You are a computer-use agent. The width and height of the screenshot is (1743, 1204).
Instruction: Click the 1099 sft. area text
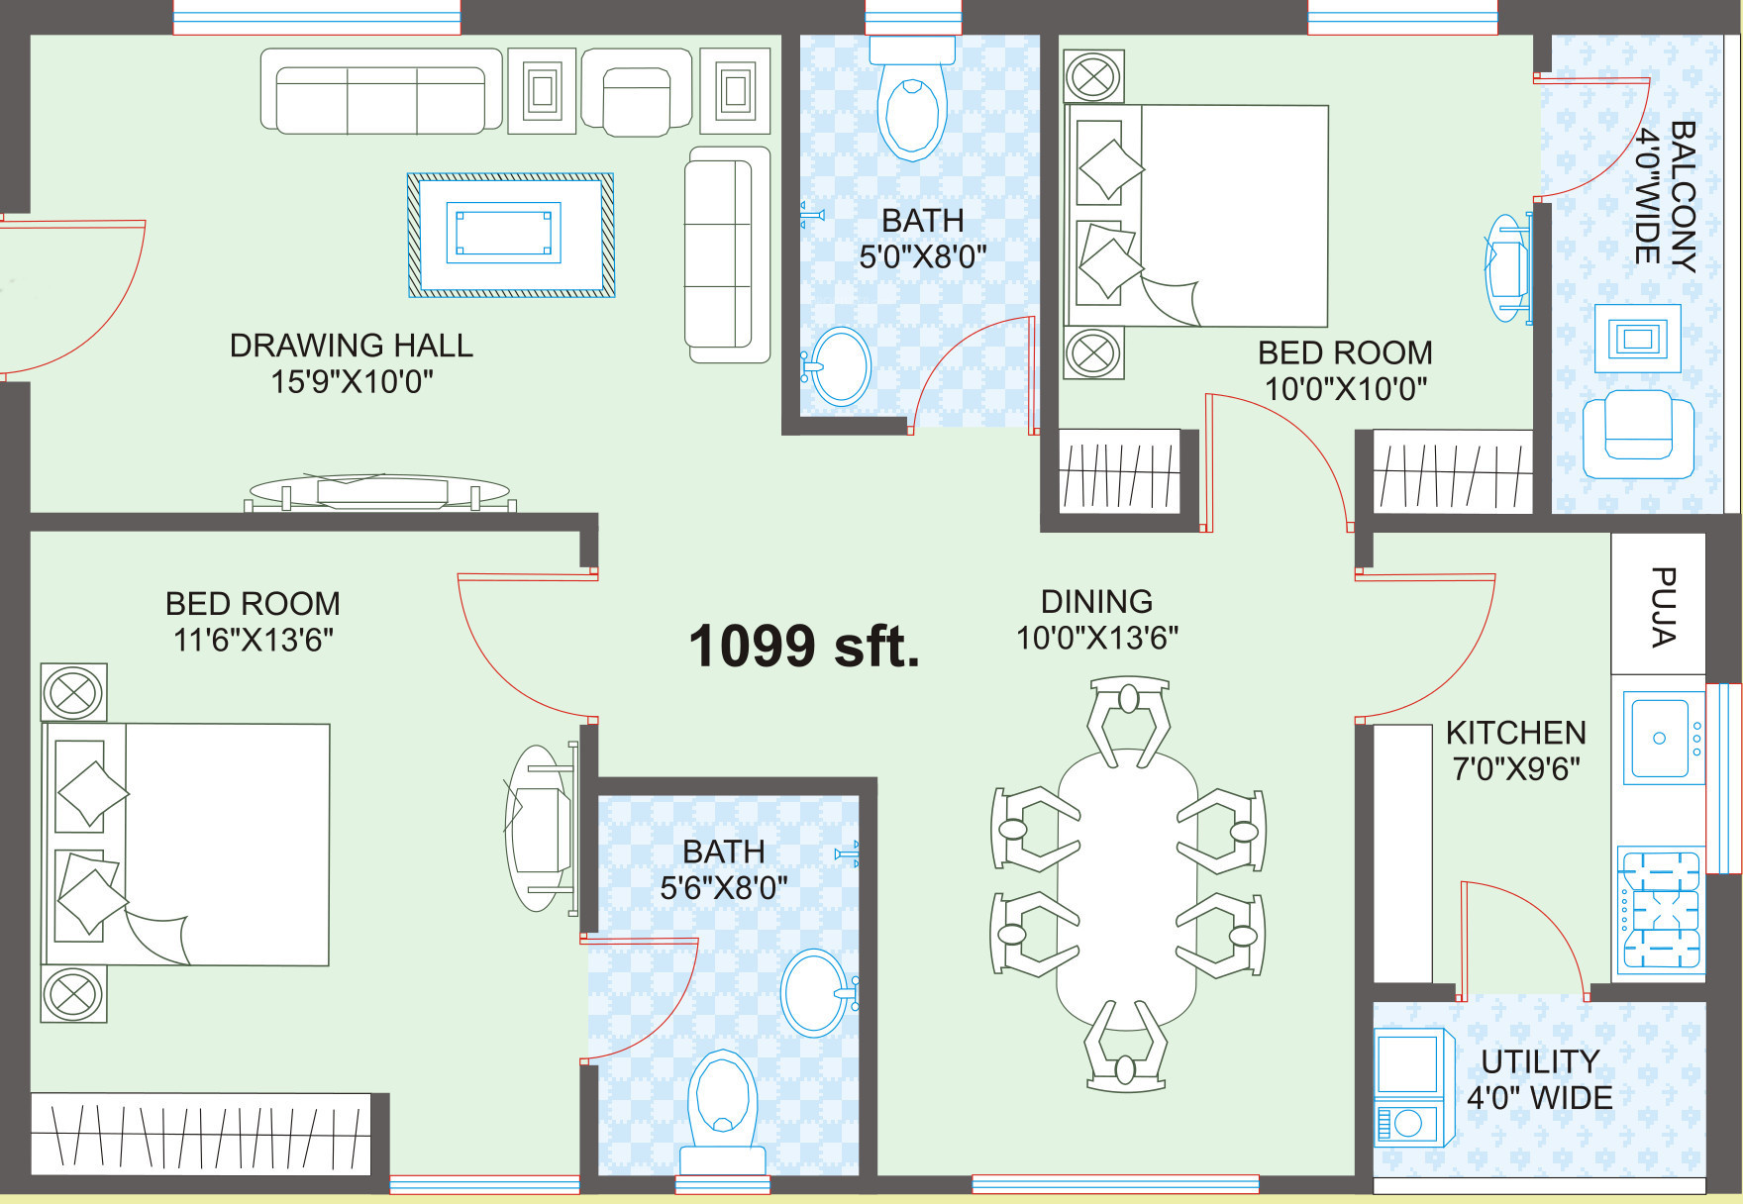click(804, 647)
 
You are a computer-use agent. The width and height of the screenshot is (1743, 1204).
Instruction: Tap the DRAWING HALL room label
click(352, 346)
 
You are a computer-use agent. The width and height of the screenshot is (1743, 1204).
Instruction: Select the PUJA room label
click(1663, 606)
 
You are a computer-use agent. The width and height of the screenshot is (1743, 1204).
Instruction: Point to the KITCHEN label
click(1516, 733)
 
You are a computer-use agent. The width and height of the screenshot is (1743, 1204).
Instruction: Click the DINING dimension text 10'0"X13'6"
click(1097, 638)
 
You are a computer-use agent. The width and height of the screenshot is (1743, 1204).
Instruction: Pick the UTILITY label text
click(1540, 1061)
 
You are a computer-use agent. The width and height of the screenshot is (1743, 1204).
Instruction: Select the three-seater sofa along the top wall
click(381, 90)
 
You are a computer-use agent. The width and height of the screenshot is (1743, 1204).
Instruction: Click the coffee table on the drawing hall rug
click(503, 233)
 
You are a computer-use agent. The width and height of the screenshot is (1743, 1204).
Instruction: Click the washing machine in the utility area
click(1412, 1086)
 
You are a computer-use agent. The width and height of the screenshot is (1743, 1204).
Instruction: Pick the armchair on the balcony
click(1638, 435)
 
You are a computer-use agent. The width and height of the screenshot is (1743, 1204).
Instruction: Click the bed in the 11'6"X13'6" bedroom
click(185, 844)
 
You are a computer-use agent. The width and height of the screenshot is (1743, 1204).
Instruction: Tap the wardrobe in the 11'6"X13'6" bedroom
click(201, 1134)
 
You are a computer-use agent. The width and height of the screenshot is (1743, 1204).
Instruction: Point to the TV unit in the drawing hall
click(379, 491)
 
